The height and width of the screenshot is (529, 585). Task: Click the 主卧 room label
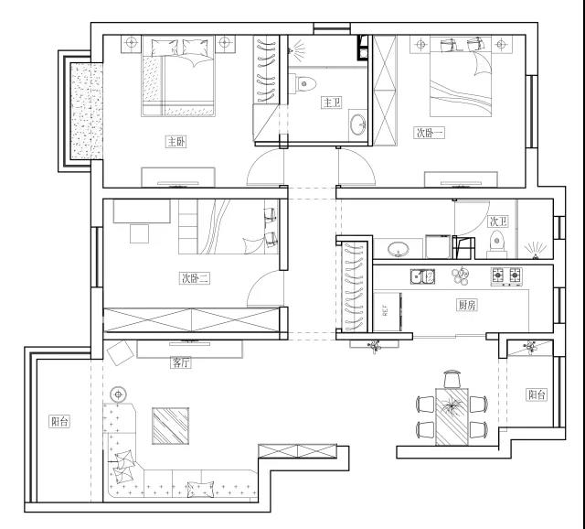pos(175,142)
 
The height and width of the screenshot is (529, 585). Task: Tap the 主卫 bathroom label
pos(332,103)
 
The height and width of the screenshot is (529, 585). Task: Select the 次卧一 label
pos(429,133)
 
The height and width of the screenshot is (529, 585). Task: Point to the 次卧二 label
pos(195,278)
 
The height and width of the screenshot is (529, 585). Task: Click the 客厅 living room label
pos(181,362)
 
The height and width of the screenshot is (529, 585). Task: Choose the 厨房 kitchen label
pos(467,305)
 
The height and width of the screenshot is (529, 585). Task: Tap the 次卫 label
pos(498,221)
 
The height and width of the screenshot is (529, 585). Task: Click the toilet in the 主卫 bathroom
pos(303,83)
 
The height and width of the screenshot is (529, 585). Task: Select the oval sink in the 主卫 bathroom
pos(358,124)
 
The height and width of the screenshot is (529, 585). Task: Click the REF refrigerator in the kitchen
pos(388,311)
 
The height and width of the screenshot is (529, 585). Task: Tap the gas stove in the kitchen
pos(506,276)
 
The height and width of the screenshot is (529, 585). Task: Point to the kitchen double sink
pos(422,276)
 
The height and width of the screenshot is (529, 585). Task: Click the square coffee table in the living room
pos(170,426)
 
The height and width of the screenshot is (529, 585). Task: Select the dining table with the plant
pos(452,416)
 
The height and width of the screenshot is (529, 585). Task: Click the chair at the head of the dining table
pos(452,378)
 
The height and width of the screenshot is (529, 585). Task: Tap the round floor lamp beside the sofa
pos(118,394)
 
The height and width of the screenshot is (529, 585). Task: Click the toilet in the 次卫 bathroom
pos(496,244)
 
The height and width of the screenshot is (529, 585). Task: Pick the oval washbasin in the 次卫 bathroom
pos(399,249)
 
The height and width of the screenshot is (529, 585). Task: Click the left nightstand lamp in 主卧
pos(131,43)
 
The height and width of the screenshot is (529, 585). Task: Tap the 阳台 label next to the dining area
pos(537,394)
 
